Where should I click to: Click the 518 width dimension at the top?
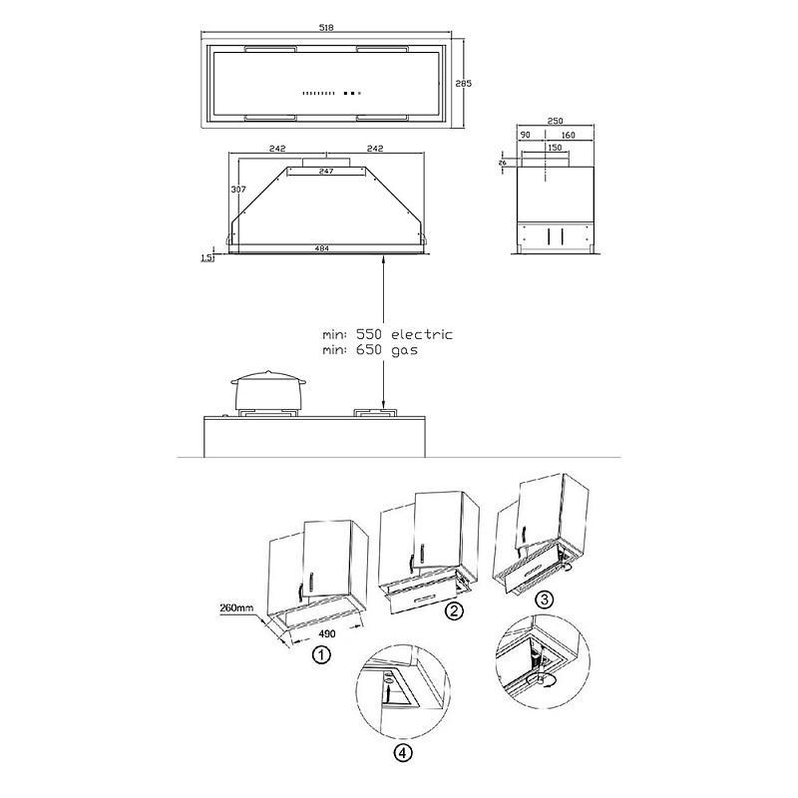[326, 28]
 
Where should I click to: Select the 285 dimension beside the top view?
[463, 83]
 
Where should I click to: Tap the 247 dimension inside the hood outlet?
[326, 171]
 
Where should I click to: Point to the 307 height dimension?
[238, 190]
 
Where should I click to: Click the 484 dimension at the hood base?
[321, 248]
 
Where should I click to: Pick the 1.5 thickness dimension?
[206, 258]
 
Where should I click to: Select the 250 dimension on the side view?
[555, 121]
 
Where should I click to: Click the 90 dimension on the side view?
[526, 135]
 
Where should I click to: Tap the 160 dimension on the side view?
[568, 135]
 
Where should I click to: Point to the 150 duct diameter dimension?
[555, 148]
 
